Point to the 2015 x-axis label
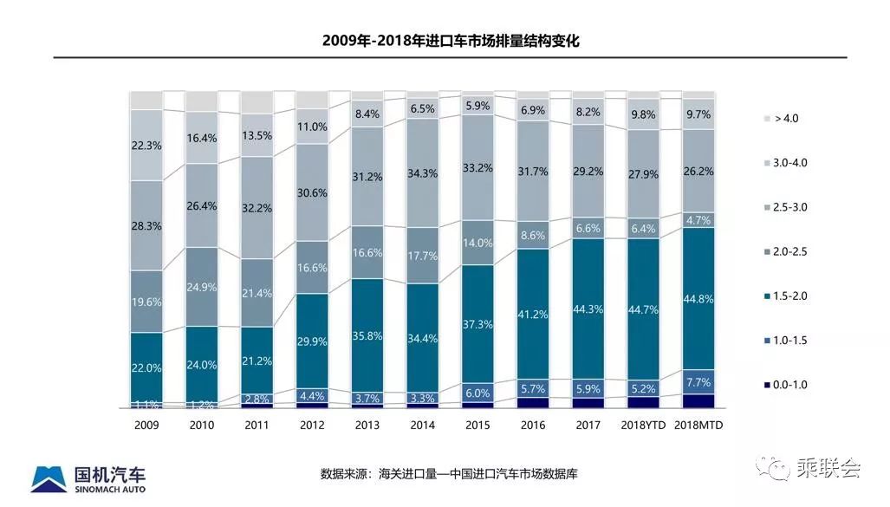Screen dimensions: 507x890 (x=477, y=426)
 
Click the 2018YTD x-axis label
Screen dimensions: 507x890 (x=642, y=426)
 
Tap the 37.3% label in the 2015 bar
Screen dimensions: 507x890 (x=477, y=324)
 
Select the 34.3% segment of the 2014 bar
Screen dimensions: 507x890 (x=422, y=173)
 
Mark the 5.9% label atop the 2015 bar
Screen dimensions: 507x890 (x=477, y=106)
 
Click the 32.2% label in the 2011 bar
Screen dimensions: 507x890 (x=257, y=208)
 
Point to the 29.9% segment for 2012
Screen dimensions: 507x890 (x=313, y=341)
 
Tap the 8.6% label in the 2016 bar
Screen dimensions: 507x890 (x=533, y=235)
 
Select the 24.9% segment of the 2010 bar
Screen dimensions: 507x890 (x=202, y=286)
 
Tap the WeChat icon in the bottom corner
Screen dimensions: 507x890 (x=769, y=469)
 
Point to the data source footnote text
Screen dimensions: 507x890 (x=449, y=474)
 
